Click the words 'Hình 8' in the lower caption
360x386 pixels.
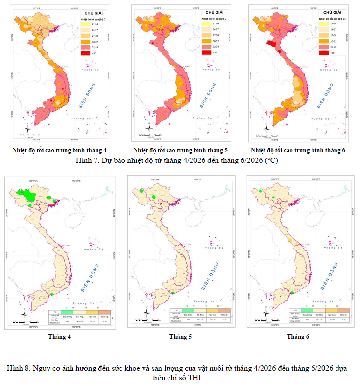[19, 368]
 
